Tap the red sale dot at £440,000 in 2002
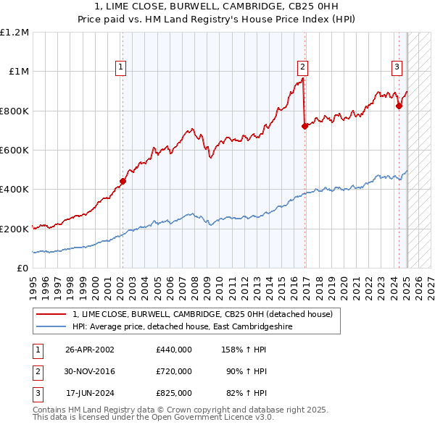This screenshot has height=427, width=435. (123, 182)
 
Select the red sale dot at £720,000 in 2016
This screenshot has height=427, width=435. (304, 126)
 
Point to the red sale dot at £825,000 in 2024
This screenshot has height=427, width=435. (399, 106)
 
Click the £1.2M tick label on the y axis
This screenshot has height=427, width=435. (14, 33)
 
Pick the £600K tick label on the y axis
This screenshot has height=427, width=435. (14, 151)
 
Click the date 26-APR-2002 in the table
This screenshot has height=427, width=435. (90, 350)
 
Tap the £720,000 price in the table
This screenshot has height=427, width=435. (173, 371)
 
